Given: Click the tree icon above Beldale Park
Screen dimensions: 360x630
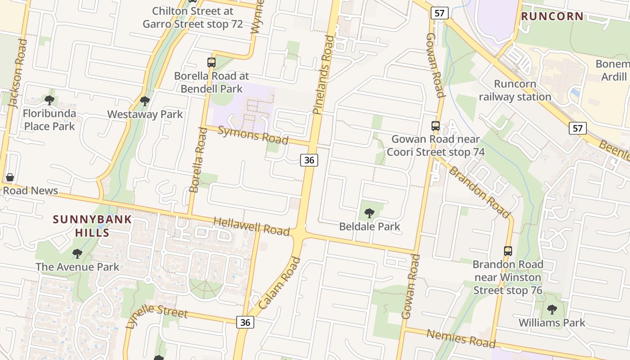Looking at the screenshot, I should pos(369,213).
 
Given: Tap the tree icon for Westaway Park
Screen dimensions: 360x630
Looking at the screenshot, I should pos(144,101).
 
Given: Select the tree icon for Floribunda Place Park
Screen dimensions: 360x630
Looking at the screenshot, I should pos(49,100).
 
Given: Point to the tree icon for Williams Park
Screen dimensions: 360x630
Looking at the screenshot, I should pos(552,310).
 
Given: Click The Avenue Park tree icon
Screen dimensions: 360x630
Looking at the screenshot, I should pos(77,254).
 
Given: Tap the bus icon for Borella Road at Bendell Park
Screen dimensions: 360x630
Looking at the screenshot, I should pos(211,63).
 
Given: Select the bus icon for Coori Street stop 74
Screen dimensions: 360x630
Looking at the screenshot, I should pos(435,126).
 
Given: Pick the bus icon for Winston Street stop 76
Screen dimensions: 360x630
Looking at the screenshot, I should pos(508,251).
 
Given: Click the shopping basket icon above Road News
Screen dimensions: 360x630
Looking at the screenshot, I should pos(9,178).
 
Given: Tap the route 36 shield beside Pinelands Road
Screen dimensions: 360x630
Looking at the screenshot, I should pos(309,160).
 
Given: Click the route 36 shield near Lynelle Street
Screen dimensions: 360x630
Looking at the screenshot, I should pos(245,322).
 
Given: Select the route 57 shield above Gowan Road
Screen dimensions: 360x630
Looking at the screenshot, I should pos(439,13).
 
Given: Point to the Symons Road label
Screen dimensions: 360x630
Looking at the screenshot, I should pos(253,135).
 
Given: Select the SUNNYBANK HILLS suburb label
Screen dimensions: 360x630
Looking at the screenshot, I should pos(92,226).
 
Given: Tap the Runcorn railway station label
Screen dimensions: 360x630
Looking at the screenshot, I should pos(515,90).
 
